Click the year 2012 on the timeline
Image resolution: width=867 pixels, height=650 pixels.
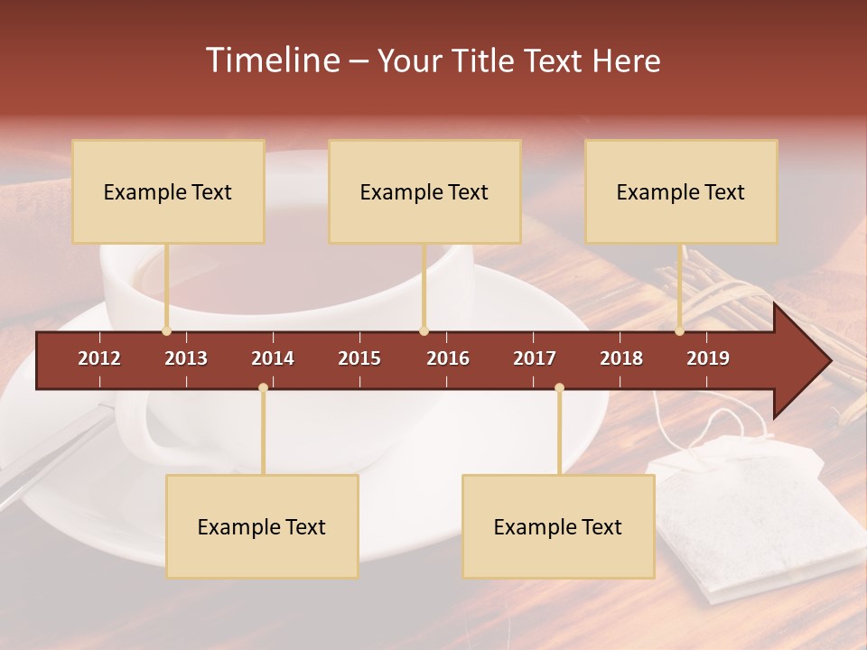tap(99, 358)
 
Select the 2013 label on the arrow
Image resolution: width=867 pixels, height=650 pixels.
tap(186, 358)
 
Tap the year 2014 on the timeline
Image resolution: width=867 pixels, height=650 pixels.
tap(273, 358)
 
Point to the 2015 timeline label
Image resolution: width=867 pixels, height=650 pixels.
tap(359, 358)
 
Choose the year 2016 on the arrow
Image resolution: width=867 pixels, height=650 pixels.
tap(448, 358)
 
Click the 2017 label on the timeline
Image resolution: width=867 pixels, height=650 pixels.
tap(535, 358)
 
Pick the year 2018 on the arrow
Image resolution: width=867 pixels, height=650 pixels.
tap(621, 358)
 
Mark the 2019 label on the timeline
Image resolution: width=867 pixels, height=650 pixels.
tap(708, 358)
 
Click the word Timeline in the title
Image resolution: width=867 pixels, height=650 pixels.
tap(272, 60)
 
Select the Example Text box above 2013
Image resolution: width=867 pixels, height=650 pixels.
tap(168, 191)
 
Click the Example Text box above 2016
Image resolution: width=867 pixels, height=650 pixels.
tap(424, 191)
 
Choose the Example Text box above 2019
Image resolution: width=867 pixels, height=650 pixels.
tap(681, 191)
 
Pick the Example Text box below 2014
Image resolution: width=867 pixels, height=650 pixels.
tap(262, 526)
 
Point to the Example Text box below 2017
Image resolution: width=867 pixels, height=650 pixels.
tap(558, 526)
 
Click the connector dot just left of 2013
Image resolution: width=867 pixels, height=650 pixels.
tap(166, 331)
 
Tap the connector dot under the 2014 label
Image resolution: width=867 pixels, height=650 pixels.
tap(263, 387)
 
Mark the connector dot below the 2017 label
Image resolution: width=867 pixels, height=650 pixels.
tap(559, 387)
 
